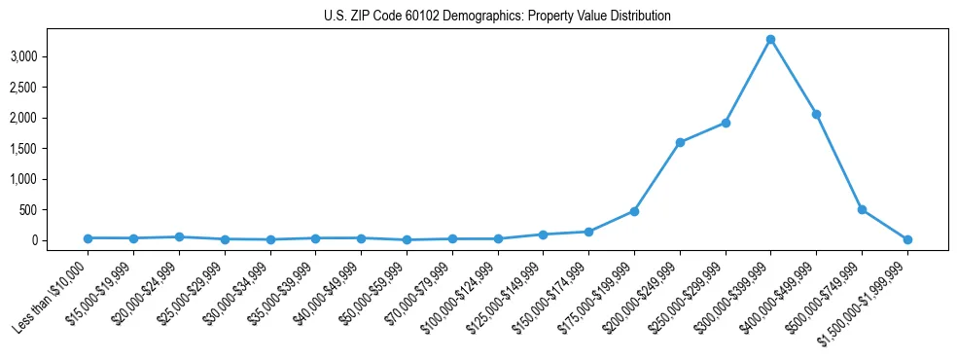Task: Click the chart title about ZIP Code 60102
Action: pos(497,17)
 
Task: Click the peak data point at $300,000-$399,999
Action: pos(770,40)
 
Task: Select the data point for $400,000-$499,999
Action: pos(816,114)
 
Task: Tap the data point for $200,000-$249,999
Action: pos(680,142)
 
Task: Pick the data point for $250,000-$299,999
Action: pos(726,123)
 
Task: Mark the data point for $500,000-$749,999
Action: pos(862,209)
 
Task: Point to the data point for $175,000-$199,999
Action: pos(634,211)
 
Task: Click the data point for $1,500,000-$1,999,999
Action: pos(907,239)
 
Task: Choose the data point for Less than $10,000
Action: pos(88,238)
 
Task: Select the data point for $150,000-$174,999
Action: pos(588,232)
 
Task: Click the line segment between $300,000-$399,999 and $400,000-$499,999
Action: pos(793,77)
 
